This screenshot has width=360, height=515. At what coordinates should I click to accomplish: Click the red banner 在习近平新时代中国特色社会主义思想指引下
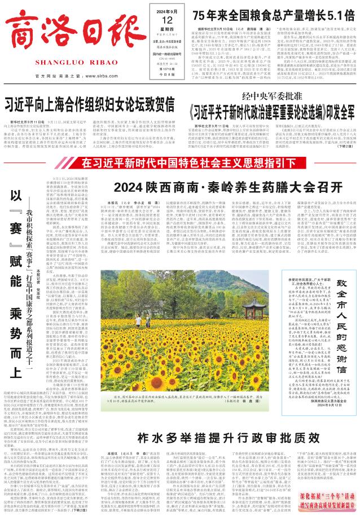pyautogui.click(x=180, y=164)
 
